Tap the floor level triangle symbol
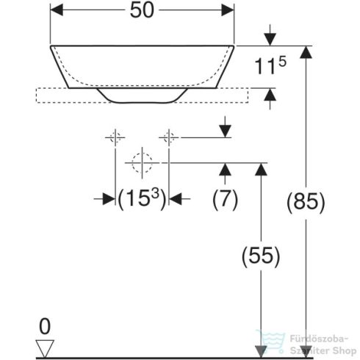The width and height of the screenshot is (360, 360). coord(46,345)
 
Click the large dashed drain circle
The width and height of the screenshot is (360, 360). coord(141,162)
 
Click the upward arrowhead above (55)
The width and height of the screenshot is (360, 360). coord(259,170)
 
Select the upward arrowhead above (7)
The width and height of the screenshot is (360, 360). coord(225,170)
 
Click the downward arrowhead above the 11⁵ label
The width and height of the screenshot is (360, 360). coord(270,37)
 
